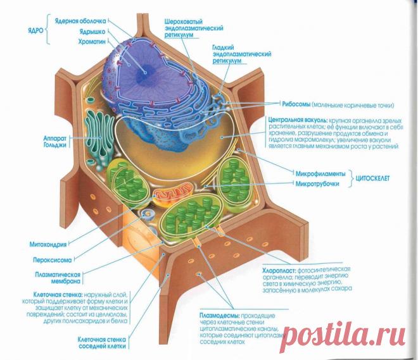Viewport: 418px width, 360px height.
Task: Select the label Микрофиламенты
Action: click(x=320, y=173)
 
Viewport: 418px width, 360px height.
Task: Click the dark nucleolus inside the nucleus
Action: click(x=145, y=71)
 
